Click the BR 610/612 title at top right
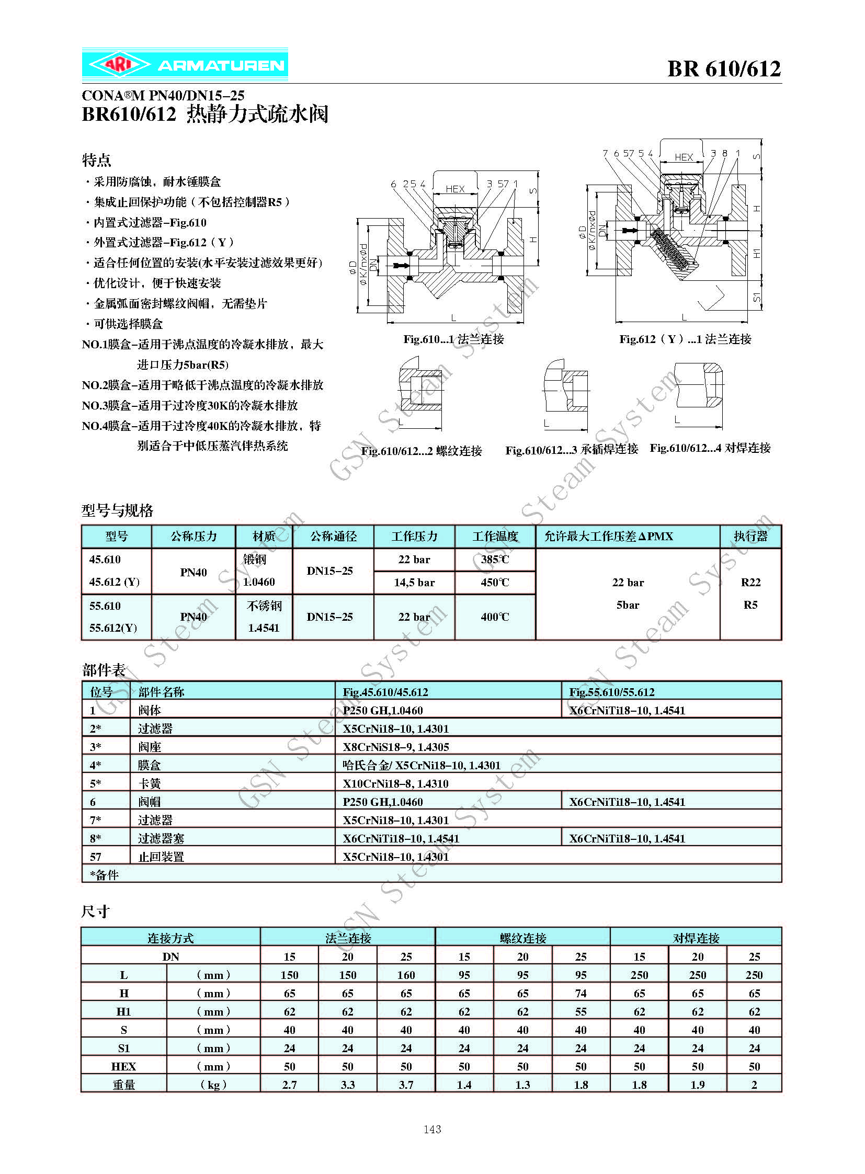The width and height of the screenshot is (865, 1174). pyautogui.click(x=724, y=69)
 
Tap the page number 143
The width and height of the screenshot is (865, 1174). pyautogui.click(x=432, y=1129)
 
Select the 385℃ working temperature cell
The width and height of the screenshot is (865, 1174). pyautogui.click(x=495, y=559)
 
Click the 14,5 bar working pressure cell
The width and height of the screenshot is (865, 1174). pyautogui.click(x=414, y=582)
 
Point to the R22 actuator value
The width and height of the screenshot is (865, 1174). pyautogui.click(x=750, y=582)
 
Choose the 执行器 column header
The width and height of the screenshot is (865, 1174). pyautogui.click(x=750, y=536)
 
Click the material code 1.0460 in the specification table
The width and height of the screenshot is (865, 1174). pyautogui.click(x=259, y=582)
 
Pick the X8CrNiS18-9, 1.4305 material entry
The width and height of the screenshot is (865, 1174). pyautogui.click(x=396, y=747)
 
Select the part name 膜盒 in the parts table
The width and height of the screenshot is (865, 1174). pyautogui.click(x=149, y=765)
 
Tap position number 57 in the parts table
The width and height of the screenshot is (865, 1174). pyautogui.click(x=95, y=857)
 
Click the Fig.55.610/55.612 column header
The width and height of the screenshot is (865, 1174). pyautogui.click(x=611, y=692)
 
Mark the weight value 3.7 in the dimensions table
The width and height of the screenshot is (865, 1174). pyautogui.click(x=406, y=1085)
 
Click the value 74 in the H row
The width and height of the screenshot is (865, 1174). pyautogui.click(x=581, y=994)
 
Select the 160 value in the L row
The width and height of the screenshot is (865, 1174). pyautogui.click(x=406, y=975)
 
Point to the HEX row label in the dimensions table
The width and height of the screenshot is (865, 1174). pyautogui.click(x=123, y=1066)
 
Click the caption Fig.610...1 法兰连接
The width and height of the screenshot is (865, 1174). pyautogui.click(x=453, y=339)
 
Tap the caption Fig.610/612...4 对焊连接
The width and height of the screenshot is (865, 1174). pyautogui.click(x=710, y=448)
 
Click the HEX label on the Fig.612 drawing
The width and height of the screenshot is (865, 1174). pyautogui.click(x=684, y=157)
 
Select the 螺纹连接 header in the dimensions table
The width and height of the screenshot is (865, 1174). pyautogui.click(x=522, y=938)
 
